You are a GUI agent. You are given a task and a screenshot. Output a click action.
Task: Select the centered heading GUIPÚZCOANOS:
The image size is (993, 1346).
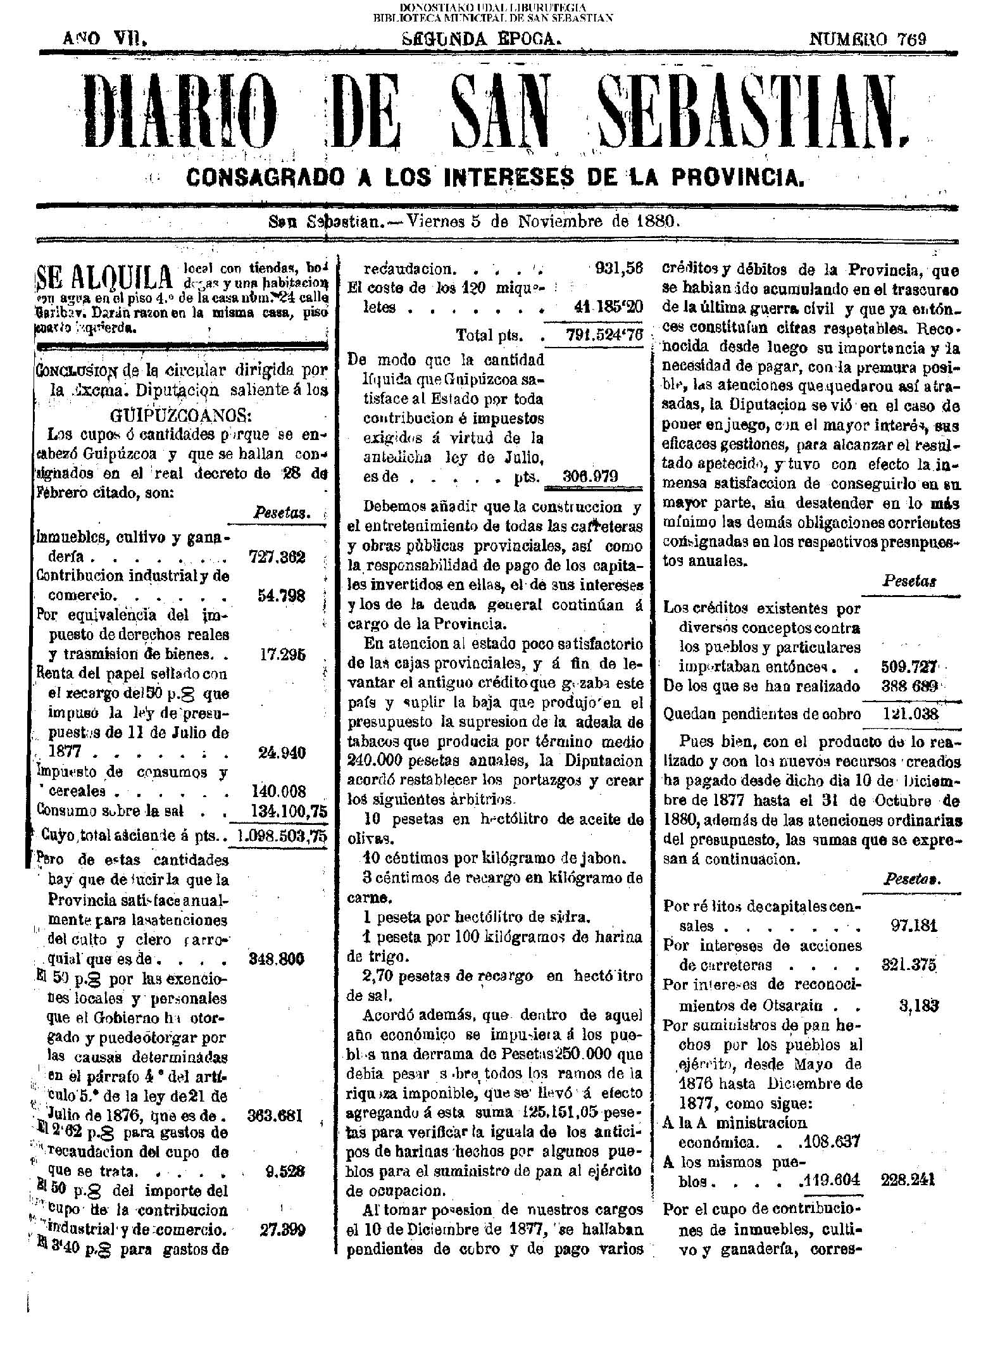(180, 416)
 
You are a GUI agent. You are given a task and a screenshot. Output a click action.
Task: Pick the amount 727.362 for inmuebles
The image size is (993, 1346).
(277, 557)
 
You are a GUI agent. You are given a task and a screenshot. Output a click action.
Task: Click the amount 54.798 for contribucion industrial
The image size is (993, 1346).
(282, 596)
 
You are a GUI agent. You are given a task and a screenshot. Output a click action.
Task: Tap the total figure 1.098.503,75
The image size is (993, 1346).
(280, 835)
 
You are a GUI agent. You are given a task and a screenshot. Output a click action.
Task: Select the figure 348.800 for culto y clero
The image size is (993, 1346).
(277, 959)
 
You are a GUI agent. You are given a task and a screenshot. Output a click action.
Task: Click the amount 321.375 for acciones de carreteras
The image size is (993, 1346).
(908, 965)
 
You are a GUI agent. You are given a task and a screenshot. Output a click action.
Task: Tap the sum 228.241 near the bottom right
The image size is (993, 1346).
(909, 1180)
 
